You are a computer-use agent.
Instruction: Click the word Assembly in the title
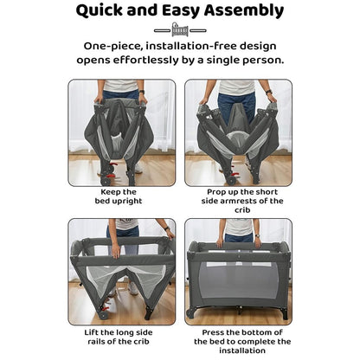pos(244,11)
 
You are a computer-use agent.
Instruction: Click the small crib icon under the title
pos(180,29)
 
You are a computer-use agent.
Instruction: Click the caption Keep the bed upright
pos(119,196)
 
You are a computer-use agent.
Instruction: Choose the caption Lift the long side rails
pos(119,337)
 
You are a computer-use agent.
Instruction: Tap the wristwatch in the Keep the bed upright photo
pos(141,92)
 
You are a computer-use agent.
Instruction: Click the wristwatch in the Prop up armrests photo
pos(269,92)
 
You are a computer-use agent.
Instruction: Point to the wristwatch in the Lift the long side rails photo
pos(167,228)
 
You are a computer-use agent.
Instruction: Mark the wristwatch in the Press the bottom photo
pos(257,236)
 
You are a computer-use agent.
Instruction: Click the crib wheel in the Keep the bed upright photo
pos(104,181)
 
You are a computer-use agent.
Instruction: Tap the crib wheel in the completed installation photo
pos(190,313)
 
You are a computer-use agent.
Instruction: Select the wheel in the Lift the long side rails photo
pos(102,314)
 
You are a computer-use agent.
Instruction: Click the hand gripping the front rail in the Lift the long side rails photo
pos(116,251)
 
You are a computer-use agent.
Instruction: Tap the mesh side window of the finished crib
pos(239,280)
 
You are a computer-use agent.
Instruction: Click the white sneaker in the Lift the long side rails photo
pos(133,288)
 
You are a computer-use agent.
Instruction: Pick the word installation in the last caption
pos(242,350)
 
